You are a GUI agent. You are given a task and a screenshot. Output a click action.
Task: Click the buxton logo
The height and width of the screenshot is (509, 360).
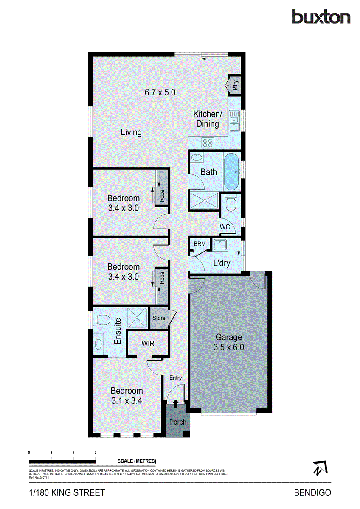point(321,17)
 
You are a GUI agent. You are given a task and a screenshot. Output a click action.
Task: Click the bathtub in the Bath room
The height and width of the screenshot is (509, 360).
point(231,172)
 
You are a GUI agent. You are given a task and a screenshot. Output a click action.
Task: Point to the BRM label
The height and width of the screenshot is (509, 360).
point(200,244)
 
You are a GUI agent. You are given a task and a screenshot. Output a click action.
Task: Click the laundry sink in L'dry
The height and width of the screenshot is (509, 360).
point(220,245)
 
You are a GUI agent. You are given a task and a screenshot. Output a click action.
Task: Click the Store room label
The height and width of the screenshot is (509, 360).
point(159,318)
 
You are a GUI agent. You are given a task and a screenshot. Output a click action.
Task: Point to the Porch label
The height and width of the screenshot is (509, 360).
point(177,422)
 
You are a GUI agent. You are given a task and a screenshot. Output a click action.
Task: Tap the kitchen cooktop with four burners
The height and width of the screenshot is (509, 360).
point(208,143)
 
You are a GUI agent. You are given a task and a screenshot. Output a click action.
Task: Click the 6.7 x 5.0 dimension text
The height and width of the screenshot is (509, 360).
point(160,92)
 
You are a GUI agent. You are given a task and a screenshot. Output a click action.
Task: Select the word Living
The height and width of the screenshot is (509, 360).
point(131,132)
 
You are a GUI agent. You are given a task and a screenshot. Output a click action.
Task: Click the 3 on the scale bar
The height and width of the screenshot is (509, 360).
point(96,453)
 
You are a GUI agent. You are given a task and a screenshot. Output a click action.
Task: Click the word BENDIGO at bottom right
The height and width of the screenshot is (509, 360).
point(312,492)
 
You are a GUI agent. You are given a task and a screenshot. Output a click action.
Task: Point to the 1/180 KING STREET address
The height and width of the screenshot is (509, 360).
point(67,492)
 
